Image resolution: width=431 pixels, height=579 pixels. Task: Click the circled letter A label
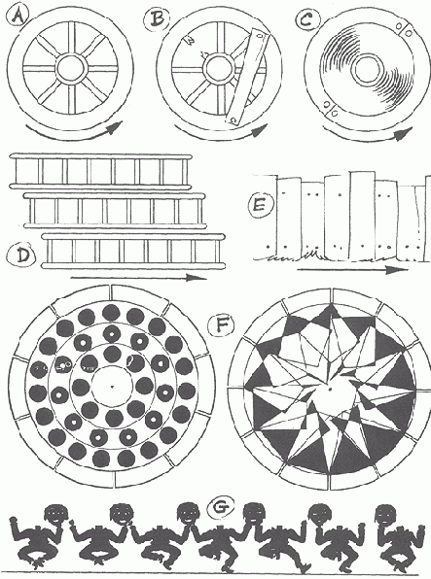click(x=18, y=16)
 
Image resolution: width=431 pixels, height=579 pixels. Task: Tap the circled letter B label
click(x=158, y=18)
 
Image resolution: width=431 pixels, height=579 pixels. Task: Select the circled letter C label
click(x=305, y=18)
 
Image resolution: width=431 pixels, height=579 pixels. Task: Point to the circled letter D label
click(x=23, y=255)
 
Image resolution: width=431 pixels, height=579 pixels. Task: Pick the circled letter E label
click(x=260, y=204)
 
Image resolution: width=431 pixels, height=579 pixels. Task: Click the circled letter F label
click(x=221, y=326)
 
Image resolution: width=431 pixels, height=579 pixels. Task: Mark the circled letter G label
click(x=221, y=508)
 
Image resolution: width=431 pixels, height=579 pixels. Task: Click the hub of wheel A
click(x=72, y=69)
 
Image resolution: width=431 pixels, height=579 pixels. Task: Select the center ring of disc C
click(x=368, y=69)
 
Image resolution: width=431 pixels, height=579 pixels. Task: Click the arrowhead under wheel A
click(x=116, y=127)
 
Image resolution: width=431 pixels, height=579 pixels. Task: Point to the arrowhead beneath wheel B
click(x=261, y=129)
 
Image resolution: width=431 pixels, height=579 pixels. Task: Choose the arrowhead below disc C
click(x=405, y=134)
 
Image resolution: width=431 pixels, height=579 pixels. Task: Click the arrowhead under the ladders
click(x=198, y=278)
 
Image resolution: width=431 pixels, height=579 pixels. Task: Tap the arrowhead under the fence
click(x=397, y=270)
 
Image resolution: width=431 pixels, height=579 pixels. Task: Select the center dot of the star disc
click(x=330, y=389)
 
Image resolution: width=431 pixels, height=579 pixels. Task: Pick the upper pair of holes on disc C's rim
click(x=404, y=29)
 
